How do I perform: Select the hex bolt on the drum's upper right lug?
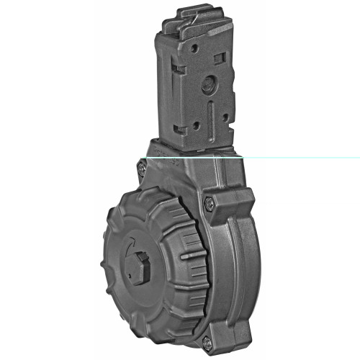pyautogui.click(x=209, y=204)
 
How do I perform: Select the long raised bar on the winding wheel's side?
pyautogui.click(x=190, y=256)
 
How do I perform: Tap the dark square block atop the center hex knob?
pyautogui.click(x=140, y=260)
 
